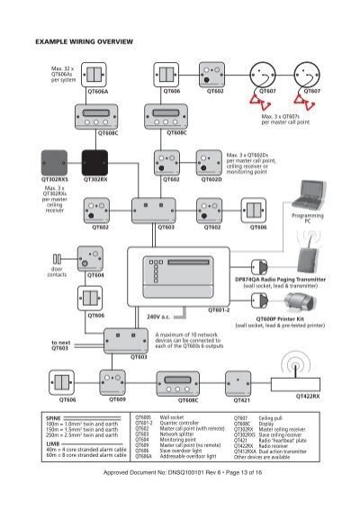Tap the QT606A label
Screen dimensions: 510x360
click(96, 92)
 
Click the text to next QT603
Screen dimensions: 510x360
click(61, 345)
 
